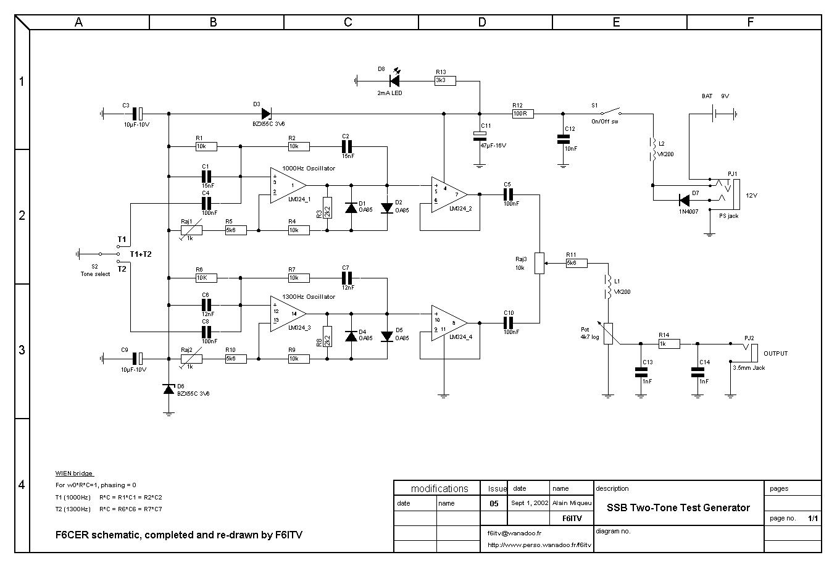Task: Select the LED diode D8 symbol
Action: [x=394, y=80]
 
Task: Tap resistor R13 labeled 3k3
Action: [x=444, y=80]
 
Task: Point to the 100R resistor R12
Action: [x=522, y=114]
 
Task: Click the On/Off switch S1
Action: [x=611, y=113]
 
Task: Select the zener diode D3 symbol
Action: [x=266, y=114]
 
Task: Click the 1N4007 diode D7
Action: [x=683, y=199]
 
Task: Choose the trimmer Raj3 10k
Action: [x=539, y=262]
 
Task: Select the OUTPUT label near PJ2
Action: [x=775, y=354]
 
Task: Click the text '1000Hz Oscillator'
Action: [x=308, y=168]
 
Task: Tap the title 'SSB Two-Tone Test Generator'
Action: [x=678, y=507]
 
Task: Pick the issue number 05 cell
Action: [x=494, y=503]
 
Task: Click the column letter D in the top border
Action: [x=482, y=22]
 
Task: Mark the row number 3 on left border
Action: [x=22, y=350]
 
